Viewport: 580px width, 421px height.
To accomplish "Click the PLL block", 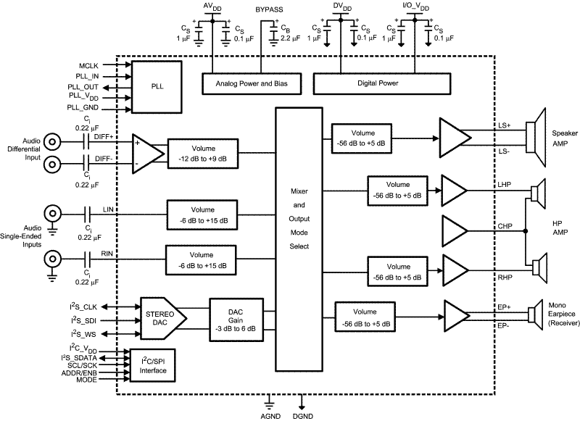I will point(157,86).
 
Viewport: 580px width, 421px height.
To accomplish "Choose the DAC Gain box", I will point(233,315).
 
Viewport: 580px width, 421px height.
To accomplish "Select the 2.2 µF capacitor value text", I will point(290,36).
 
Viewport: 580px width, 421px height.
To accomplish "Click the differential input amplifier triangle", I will point(147,153).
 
